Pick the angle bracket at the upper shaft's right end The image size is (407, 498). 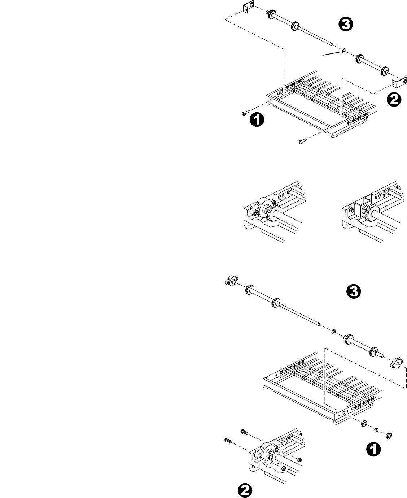point(399,82)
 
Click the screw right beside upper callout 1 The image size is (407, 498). point(244,113)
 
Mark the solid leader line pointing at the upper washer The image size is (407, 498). point(331,54)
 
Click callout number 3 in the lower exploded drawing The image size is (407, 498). point(353,291)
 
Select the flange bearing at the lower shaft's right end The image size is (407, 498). point(396,363)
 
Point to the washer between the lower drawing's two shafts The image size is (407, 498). point(334,331)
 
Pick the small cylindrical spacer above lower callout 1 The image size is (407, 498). point(376,430)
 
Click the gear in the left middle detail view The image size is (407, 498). point(268,211)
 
